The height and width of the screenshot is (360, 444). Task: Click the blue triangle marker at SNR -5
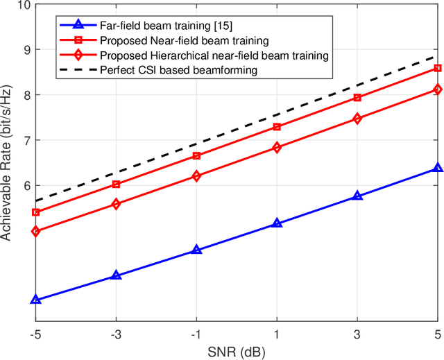click(x=35, y=300)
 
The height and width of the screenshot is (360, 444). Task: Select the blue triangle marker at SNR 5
click(x=438, y=168)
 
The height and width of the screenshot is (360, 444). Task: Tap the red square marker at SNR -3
click(x=116, y=185)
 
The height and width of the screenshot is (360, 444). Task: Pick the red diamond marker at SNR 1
click(x=277, y=148)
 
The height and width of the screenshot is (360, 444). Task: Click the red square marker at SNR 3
click(x=357, y=98)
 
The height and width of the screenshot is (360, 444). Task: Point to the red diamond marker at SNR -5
click(x=35, y=232)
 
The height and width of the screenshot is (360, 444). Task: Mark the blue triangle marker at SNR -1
click(x=196, y=250)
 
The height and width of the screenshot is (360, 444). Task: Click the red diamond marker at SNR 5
click(x=438, y=89)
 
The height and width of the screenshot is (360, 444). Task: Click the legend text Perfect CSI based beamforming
click(x=177, y=70)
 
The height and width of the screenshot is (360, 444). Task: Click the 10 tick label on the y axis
click(x=23, y=5)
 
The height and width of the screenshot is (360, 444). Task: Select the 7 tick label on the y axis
click(x=26, y=140)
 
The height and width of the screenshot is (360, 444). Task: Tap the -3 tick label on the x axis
click(x=115, y=334)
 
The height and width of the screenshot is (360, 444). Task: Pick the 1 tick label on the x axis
click(x=277, y=334)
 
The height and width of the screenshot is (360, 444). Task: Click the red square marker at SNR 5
click(x=438, y=68)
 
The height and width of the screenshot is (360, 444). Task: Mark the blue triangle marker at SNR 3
click(x=357, y=196)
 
